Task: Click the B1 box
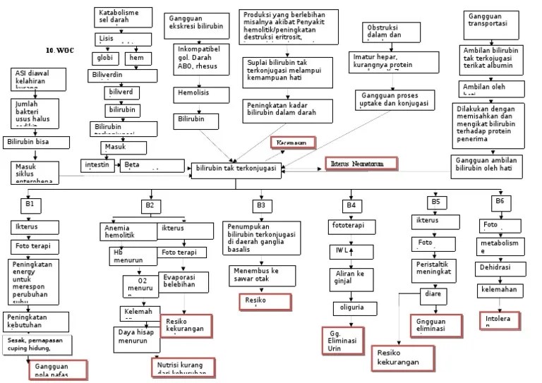(30, 204)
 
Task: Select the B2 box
(150, 205)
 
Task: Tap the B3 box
(260, 205)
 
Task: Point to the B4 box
(351, 205)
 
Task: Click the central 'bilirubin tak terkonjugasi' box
(236, 169)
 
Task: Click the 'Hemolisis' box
(194, 93)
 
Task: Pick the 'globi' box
(105, 58)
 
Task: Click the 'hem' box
(138, 58)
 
